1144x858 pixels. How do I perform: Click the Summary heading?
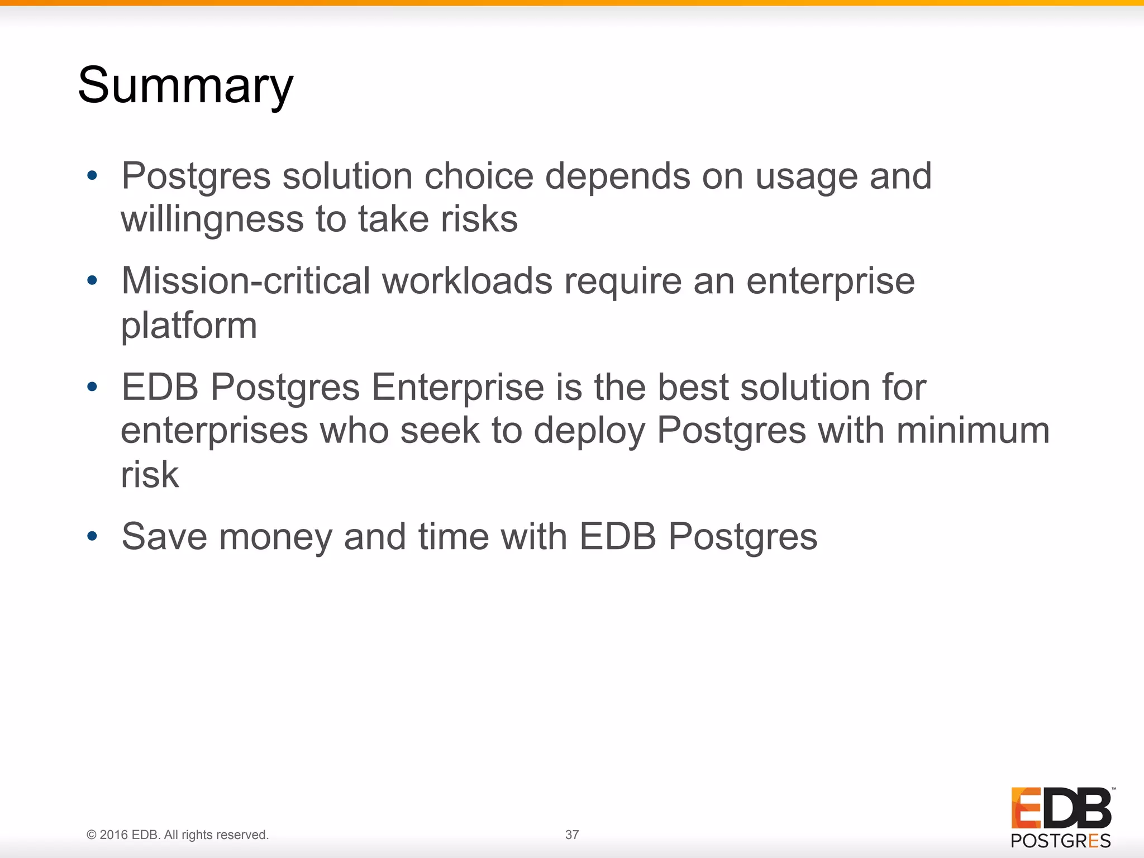[x=185, y=86]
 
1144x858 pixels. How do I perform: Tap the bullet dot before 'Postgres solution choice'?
[x=93, y=177]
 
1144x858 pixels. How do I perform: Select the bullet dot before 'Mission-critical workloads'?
[x=93, y=280]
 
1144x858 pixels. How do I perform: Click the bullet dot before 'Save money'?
[x=93, y=537]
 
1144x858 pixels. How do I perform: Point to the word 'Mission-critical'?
[x=246, y=280]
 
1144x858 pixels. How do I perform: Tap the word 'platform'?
[x=189, y=326]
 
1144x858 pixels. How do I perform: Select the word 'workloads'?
[x=467, y=280]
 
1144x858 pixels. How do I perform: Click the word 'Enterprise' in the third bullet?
[x=457, y=387]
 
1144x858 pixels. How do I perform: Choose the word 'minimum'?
[x=973, y=431]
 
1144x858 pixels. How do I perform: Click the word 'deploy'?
[x=589, y=432]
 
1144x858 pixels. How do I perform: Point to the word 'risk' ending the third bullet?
[x=150, y=475]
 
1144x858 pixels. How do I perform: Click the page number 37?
[x=572, y=835]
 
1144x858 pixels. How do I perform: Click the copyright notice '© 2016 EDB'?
[x=178, y=835]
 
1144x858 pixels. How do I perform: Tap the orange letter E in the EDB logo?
[x=1026, y=808]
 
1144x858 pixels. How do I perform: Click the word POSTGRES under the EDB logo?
[x=1060, y=841]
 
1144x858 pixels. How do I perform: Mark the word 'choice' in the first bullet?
[x=479, y=177]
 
